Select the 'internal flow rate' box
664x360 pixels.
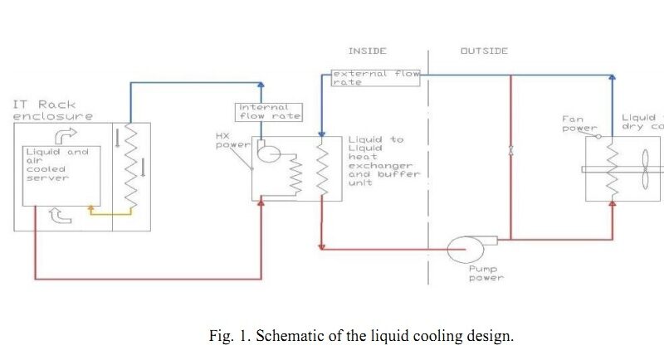tap(269, 111)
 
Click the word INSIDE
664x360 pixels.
tap(367, 51)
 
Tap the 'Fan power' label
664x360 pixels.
tap(579, 124)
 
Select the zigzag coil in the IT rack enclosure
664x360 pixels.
tap(129, 169)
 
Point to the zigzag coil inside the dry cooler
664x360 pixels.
tap(612, 170)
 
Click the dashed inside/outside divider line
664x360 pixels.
tap(428, 166)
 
